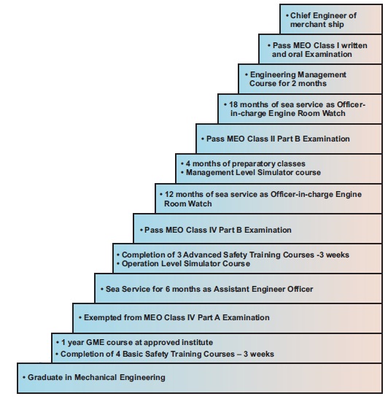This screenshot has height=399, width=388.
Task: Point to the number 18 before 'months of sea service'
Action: click(233, 104)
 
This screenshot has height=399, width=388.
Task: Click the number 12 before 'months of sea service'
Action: click(169, 195)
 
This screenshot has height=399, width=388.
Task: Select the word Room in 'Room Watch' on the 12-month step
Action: click(173, 204)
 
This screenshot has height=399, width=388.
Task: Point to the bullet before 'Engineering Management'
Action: click(247, 75)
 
